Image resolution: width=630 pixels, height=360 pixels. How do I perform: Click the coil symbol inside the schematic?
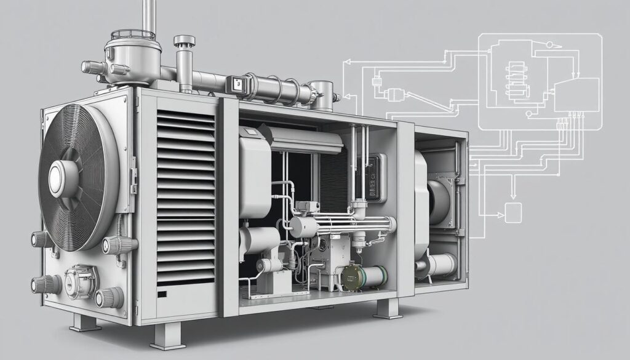point(515,79)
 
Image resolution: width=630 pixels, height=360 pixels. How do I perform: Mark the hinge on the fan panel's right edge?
point(132,178)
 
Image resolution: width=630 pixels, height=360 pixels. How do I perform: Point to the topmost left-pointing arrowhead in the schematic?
point(346,62)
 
